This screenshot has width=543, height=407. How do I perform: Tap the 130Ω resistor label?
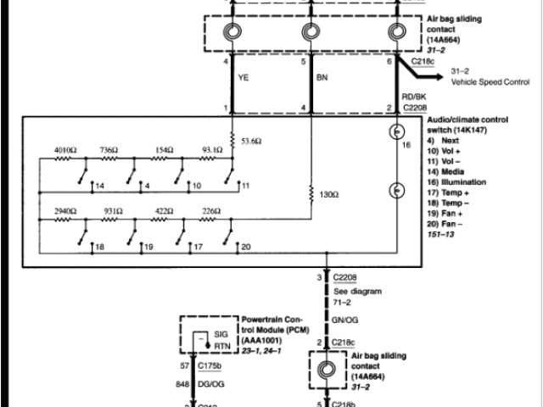tap(328, 195)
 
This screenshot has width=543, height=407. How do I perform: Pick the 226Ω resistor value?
tap(211, 209)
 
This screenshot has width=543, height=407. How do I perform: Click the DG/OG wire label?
tap(210, 384)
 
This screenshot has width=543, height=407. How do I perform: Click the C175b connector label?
tap(210, 366)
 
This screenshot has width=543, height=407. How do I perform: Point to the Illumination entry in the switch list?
tap(463, 181)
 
